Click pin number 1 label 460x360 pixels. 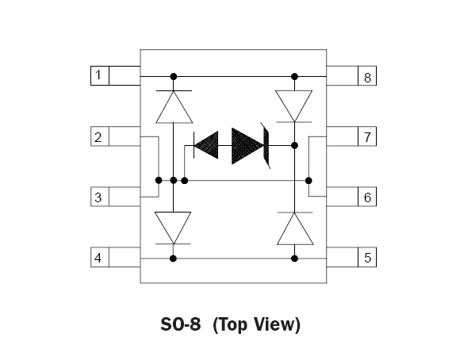click(x=98, y=75)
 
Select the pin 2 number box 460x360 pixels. click(x=100, y=136)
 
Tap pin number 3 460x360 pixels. click(x=98, y=197)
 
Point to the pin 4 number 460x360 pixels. click(x=98, y=258)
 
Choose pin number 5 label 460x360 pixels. click(x=367, y=258)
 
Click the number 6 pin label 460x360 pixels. click(x=367, y=197)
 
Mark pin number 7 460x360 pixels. click(x=367, y=137)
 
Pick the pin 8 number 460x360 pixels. click(x=367, y=78)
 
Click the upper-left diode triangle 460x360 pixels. click(x=174, y=107)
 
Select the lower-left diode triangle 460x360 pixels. click(x=173, y=228)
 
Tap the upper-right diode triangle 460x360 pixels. click(x=294, y=106)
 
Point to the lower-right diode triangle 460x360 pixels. click(x=295, y=228)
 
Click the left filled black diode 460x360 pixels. click(x=206, y=145)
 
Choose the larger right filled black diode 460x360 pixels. click(x=248, y=146)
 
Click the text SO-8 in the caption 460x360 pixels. click(x=180, y=324)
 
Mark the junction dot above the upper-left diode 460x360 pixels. click(x=174, y=77)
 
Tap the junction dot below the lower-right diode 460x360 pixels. click(x=294, y=259)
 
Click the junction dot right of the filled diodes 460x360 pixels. click(x=294, y=145)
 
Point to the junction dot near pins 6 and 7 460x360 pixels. click(x=309, y=181)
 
